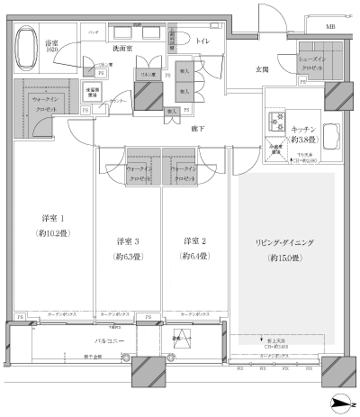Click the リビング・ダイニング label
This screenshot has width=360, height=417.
tap(285, 243)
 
